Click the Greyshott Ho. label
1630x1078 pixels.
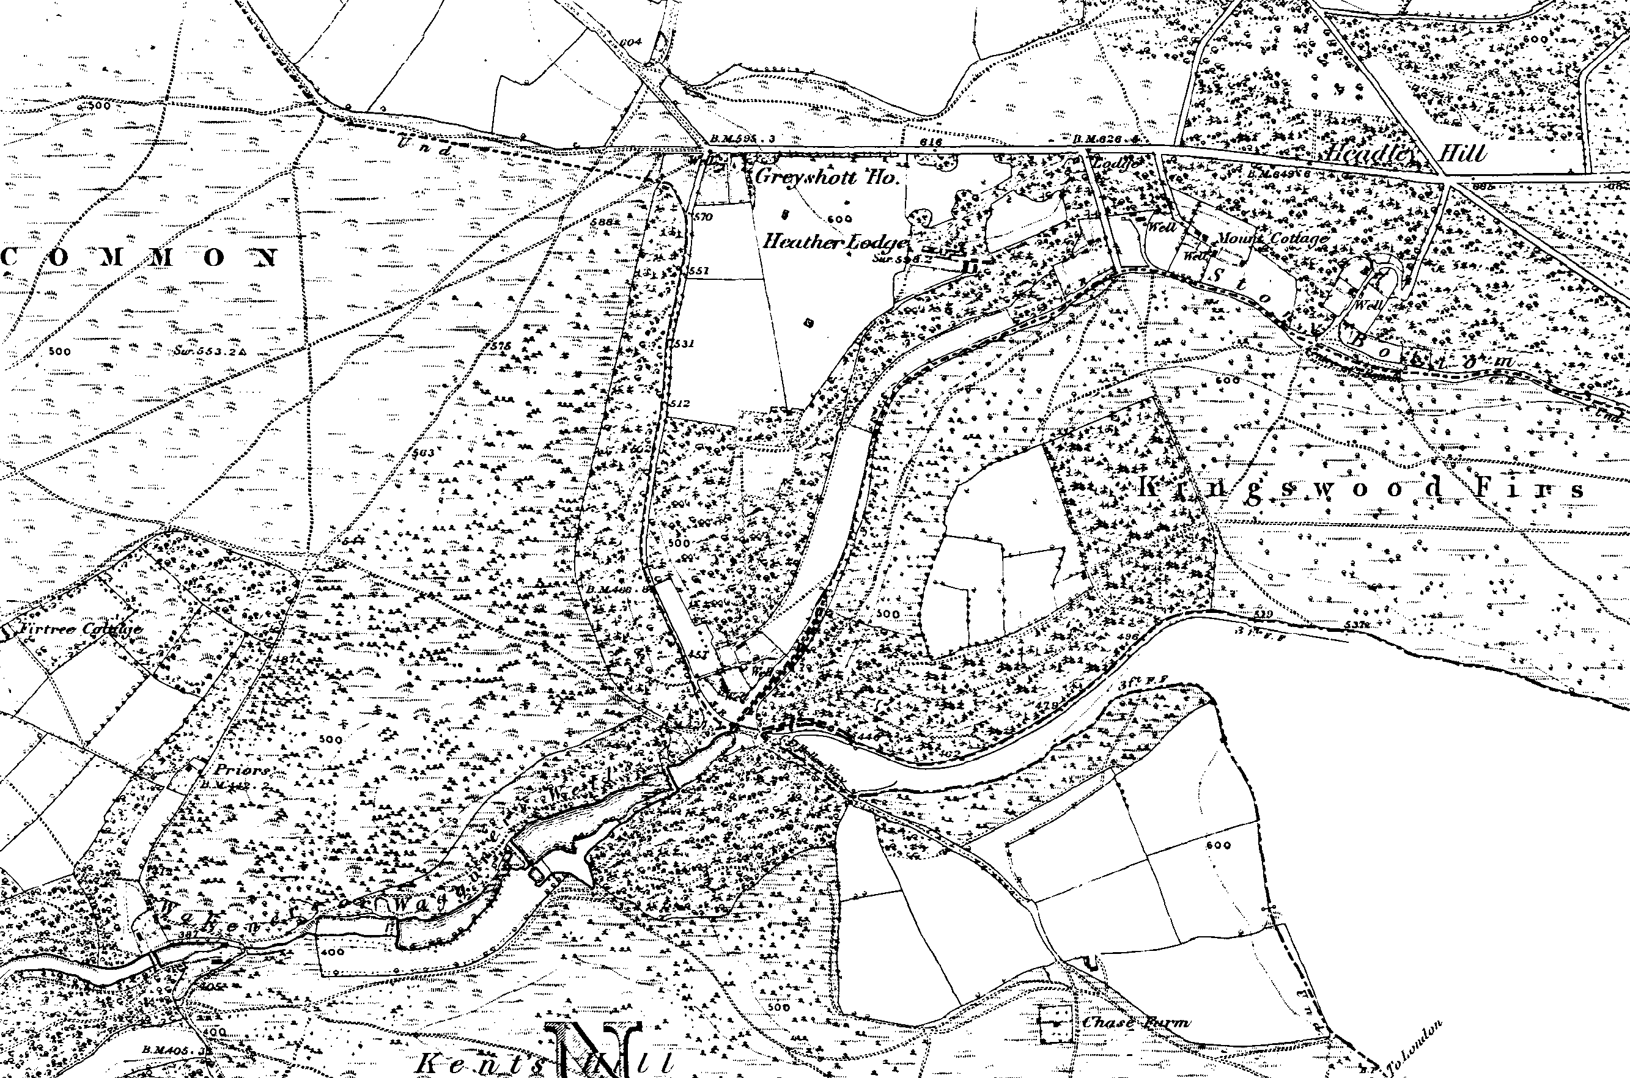point(827,177)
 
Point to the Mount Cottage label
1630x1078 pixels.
point(1272,238)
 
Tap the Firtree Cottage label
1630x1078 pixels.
point(81,628)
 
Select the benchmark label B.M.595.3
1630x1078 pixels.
point(742,139)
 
